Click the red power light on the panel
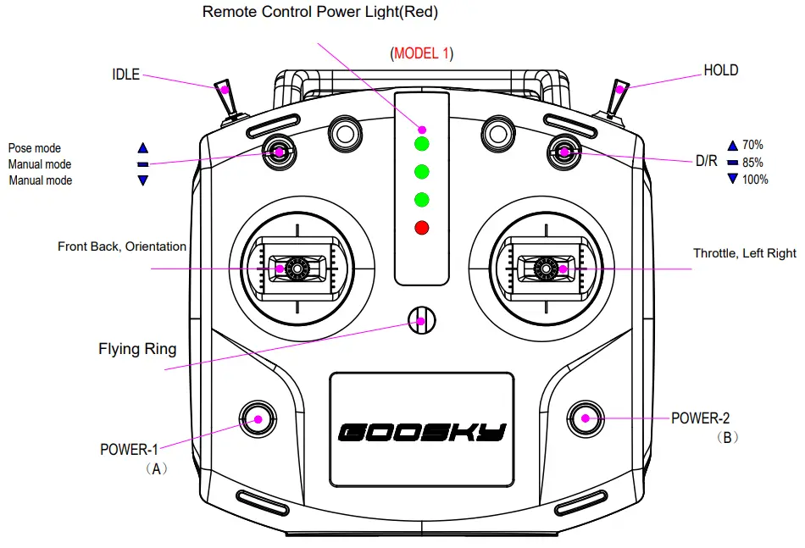click(x=421, y=227)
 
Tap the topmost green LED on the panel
click(x=421, y=142)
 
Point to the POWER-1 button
click(x=257, y=417)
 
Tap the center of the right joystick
click(x=544, y=268)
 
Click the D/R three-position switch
click(x=563, y=152)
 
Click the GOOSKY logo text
click(x=421, y=433)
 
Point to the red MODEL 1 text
click(x=422, y=53)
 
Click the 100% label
click(x=755, y=180)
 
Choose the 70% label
click(x=752, y=145)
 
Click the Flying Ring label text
click(x=137, y=349)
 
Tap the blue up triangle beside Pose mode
click(x=142, y=147)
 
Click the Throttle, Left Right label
click(x=744, y=253)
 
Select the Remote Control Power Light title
click(x=320, y=13)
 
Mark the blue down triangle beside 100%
click(x=732, y=179)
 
